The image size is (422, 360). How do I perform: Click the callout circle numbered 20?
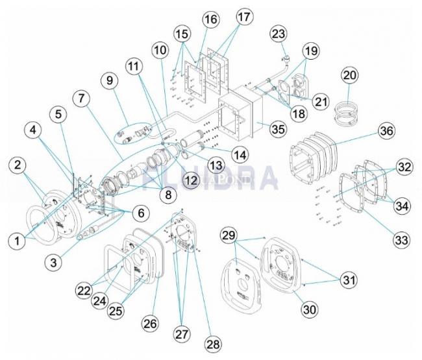pos(350,76)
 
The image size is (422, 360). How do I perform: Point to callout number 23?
pos(278,32)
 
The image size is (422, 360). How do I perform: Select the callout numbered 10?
pos(160,49)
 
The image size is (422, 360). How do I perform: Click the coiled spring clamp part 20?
pos(349,112)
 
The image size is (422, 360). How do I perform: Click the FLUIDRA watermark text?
pos(214,176)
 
